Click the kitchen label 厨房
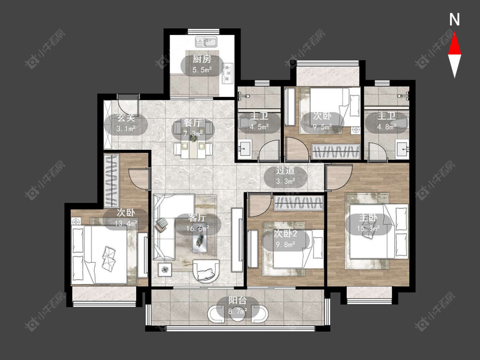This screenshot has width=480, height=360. tap(202, 59)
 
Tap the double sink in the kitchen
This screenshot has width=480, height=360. tap(206, 42)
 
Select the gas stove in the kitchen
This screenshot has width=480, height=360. tap(228, 73)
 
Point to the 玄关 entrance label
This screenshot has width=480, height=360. tap(126, 118)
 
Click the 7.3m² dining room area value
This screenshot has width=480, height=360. tap(193, 134)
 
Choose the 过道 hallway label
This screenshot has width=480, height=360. tap(285, 170)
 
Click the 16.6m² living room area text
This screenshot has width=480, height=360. tap(198, 228)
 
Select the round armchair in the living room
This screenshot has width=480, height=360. tap(206, 271)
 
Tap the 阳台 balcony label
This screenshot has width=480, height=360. tap(238, 301)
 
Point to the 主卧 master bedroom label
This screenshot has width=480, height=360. tap(368, 218)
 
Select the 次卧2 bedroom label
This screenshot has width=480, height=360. tap(285, 234)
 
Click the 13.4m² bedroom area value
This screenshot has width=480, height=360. tap(126, 224)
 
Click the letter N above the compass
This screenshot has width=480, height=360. tap(454, 20)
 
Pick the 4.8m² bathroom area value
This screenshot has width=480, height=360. tap(387, 127)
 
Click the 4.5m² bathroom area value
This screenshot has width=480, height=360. tap(259, 127)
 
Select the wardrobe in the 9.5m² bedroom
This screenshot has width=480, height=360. tap(336, 151)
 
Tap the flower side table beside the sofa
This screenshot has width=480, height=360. tap(166, 270)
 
